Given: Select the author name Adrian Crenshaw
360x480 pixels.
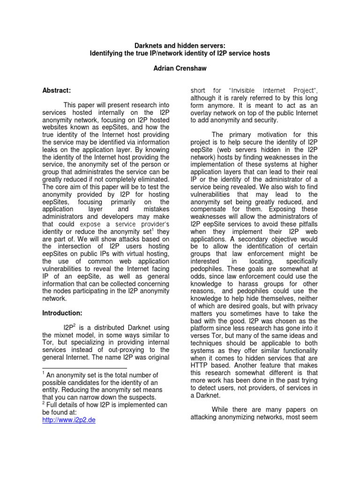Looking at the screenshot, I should coord(180,68).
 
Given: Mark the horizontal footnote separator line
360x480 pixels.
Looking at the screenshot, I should coord(84,367).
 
